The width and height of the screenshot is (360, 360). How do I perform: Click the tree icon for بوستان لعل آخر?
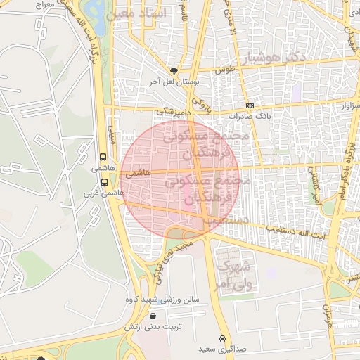pyautogui.click(x=174, y=70)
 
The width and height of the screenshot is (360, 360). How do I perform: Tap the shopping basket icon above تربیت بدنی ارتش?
pyautogui.click(x=153, y=316)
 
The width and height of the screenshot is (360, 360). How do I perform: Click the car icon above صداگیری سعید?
pyautogui.click(x=222, y=337)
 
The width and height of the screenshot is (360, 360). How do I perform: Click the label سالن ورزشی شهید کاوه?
pyautogui.click(x=168, y=300)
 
